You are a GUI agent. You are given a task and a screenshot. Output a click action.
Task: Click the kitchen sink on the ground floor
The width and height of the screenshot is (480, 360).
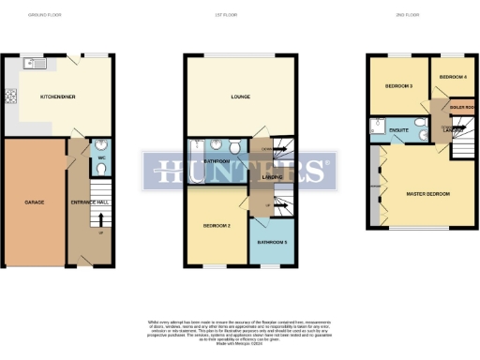[35, 65]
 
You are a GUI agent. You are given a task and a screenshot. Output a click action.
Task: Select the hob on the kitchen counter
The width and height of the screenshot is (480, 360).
[11, 95]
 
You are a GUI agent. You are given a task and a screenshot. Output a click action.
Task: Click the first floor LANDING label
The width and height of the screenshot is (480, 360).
[273, 176]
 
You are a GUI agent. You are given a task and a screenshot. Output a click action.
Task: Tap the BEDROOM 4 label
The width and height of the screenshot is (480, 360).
[453, 76]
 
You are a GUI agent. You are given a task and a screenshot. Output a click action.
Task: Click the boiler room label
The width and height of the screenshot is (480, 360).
[461, 108]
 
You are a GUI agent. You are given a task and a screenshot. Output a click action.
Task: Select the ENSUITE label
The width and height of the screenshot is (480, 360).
[397, 129]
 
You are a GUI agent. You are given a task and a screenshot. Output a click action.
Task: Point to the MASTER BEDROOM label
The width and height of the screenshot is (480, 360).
[427, 194]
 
